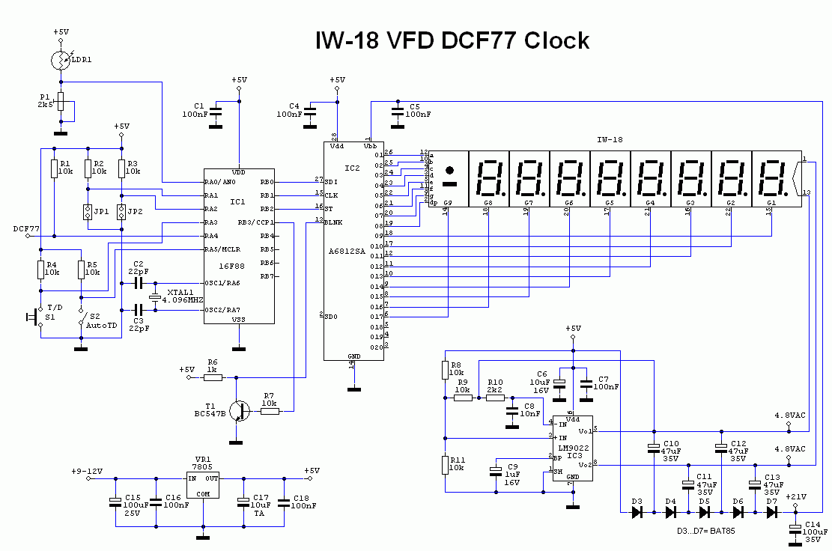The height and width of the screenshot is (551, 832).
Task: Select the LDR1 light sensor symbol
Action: (61, 60)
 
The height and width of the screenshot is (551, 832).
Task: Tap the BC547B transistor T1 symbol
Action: (239, 411)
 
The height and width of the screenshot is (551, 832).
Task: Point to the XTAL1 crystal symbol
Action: (155, 297)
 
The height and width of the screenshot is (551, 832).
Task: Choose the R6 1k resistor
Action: (213, 378)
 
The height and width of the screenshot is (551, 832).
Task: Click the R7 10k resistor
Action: (269, 411)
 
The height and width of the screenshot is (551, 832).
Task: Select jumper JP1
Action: (88, 212)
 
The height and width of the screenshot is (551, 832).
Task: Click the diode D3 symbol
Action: (637, 512)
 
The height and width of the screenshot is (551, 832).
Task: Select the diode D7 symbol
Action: (771, 512)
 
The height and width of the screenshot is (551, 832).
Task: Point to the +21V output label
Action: (796, 496)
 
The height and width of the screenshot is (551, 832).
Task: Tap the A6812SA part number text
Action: (347, 252)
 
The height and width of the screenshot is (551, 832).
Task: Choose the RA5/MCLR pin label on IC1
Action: (222, 249)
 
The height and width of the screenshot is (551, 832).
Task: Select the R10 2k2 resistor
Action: (495, 398)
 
